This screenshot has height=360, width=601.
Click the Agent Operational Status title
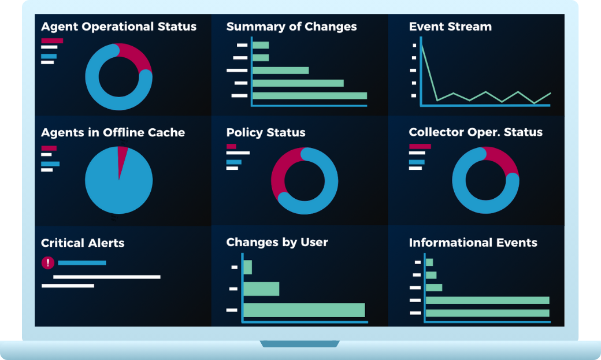coord(118,27)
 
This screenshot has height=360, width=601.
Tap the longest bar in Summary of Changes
coord(309,95)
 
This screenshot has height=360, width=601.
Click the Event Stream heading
coord(450,27)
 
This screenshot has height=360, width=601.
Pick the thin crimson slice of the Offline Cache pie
coord(122,155)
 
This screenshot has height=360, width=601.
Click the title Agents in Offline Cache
coord(113,132)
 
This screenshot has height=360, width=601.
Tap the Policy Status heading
coord(265,132)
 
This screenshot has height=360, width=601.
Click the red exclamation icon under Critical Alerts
coord(48,263)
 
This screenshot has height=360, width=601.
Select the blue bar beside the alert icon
coord(82,263)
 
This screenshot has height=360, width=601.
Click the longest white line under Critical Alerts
coord(106,277)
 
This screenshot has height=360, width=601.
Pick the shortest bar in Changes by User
coord(247,267)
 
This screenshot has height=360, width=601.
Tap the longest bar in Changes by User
coord(304,310)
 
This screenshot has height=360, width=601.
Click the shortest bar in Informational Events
coord(429,262)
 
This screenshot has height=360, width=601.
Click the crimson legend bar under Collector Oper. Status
coord(420,146)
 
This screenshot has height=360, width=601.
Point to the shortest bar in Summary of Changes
coord(261,45)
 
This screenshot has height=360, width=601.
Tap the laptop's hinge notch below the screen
coord(299,344)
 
